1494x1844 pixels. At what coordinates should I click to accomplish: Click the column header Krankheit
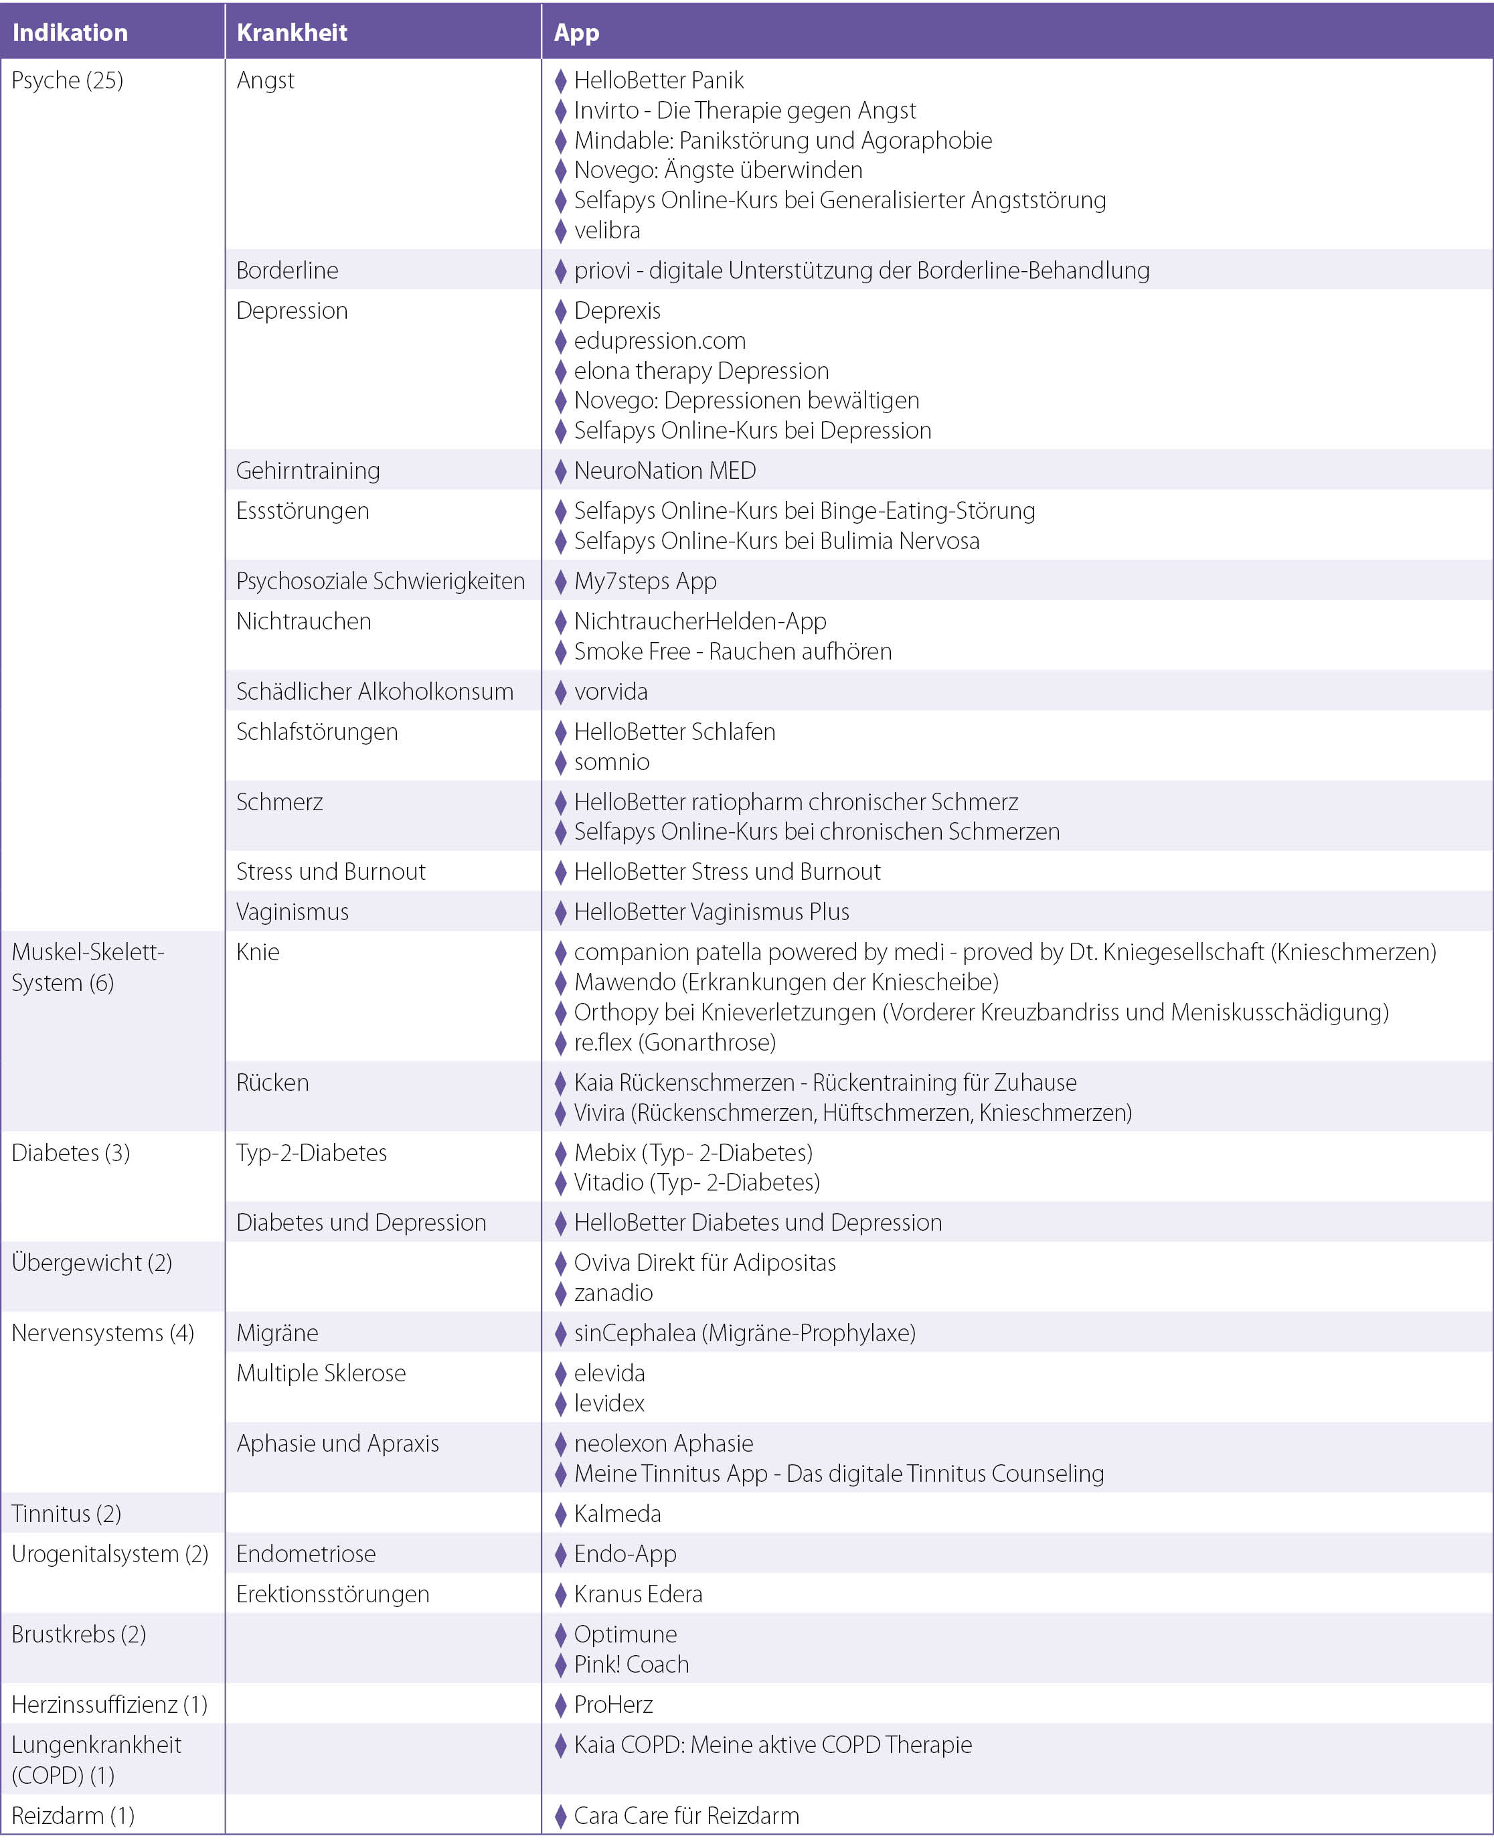click(292, 33)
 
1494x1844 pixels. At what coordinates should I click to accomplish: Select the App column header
click(576, 33)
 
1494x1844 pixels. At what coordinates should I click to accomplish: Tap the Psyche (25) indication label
click(67, 80)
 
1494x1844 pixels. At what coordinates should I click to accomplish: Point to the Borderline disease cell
click(286, 271)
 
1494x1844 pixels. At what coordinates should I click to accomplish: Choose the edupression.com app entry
click(659, 341)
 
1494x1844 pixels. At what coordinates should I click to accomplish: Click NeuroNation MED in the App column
click(665, 471)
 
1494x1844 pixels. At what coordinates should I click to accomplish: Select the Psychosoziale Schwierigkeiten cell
click(380, 581)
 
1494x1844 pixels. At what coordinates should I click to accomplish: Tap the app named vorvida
click(610, 691)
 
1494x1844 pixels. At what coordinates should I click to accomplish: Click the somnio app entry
click(611, 762)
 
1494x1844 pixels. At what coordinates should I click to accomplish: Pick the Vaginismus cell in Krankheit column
click(292, 912)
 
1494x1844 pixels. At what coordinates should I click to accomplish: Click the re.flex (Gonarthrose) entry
click(674, 1043)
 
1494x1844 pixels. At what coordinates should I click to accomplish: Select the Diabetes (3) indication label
click(70, 1153)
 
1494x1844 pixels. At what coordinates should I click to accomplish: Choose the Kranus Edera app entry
click(638, 1594)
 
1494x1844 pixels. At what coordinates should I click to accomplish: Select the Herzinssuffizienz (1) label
click(109, 1705)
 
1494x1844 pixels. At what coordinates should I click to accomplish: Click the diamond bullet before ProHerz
click(560, 1705)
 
